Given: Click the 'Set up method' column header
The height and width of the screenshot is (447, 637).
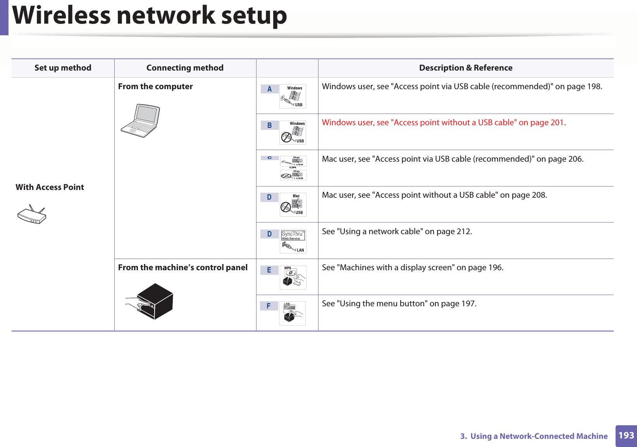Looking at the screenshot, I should pos(63,68).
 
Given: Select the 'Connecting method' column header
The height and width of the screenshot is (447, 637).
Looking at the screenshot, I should pos(185,68).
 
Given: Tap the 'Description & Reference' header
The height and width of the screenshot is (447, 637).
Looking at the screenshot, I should pos(465,68).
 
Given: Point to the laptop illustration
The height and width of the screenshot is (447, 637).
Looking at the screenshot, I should pos(140,121).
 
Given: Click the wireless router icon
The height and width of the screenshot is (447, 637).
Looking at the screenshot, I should pos(32,215).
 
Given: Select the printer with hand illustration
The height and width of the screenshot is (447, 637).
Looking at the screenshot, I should pos(150,301).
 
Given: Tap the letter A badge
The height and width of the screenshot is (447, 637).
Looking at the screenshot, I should pos(270,89).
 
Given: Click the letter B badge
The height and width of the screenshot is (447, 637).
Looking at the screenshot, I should pos(270,125).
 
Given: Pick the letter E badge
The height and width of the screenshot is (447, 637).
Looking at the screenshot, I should pos(269,270).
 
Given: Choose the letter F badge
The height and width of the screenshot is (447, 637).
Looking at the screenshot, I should pos(269,306).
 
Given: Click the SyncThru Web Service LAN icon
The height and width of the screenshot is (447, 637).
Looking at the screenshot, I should pos(293,241).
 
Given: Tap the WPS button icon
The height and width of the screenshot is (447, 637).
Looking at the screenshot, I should pos(293,277).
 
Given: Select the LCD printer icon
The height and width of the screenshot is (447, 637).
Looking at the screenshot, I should pos(292,313).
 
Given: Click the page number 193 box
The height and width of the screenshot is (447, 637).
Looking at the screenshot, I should pos(626,436).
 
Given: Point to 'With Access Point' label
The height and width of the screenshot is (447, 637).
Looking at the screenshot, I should pos(50,187).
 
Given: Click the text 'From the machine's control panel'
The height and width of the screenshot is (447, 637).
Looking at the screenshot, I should pos(182,268).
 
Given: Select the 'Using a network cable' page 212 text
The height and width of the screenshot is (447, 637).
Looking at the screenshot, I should pos(397,231).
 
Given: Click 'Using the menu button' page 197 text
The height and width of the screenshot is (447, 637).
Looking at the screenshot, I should pos(399,304).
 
